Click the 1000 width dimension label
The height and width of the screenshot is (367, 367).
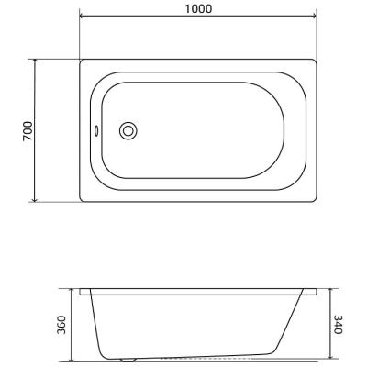point(198,9)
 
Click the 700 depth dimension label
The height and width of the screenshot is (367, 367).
point(28,131)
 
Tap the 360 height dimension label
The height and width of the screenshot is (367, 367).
point(61,325)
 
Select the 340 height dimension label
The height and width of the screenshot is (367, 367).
point(338,324)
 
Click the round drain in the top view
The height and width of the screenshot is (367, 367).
point(128,131)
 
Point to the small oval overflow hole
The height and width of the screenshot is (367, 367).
point(96,130)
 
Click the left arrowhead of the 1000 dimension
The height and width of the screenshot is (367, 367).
point(82,16)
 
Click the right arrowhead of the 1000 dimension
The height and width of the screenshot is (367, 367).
point(314,16)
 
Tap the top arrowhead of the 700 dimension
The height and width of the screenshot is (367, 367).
point(35,61)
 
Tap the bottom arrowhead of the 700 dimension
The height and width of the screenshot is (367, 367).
point(35,200)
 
